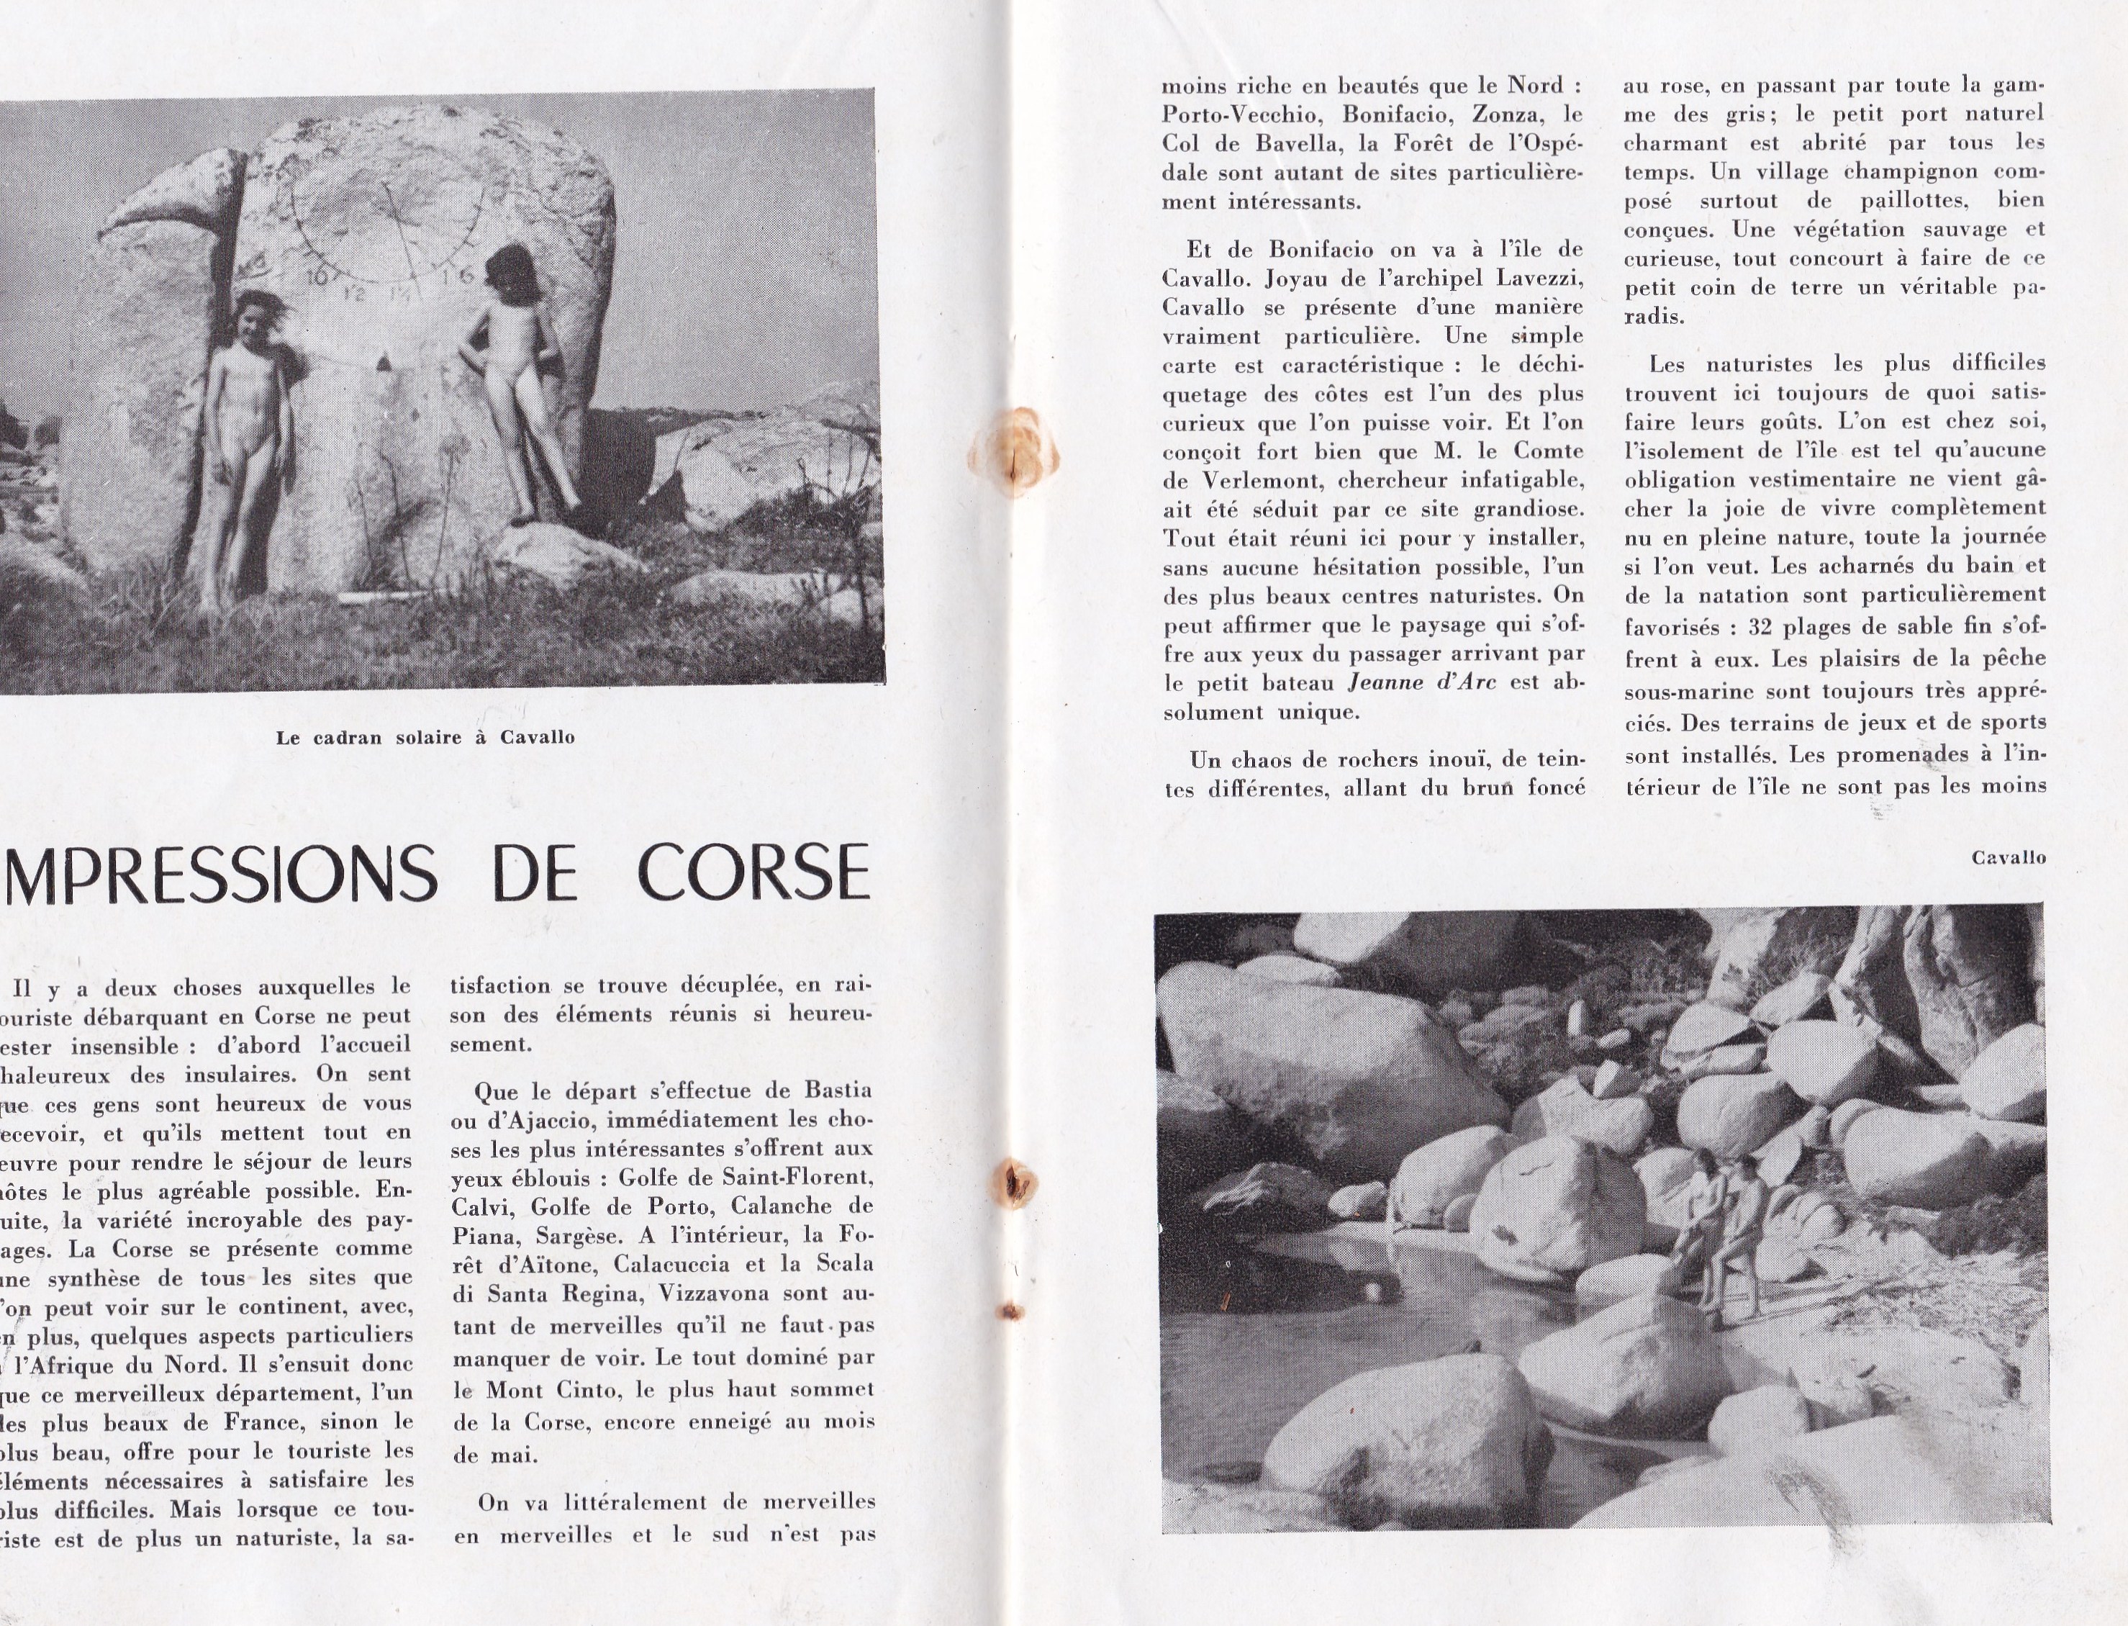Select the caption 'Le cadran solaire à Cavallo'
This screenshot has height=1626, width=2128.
click(x=426, y=738)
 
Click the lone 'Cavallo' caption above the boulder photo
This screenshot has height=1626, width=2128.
click(x=2009, y=857)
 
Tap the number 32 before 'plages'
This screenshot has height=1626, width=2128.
click(x=1760, y=627)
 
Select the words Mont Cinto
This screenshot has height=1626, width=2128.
click(x=548, y=1391)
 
